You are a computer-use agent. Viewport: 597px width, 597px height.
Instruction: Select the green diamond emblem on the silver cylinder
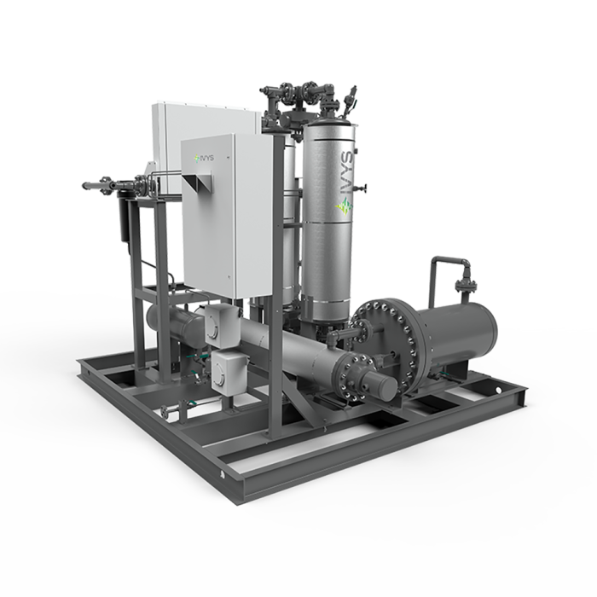click(345, 207)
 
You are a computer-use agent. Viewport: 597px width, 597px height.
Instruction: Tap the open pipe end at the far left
click(84, 186)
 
